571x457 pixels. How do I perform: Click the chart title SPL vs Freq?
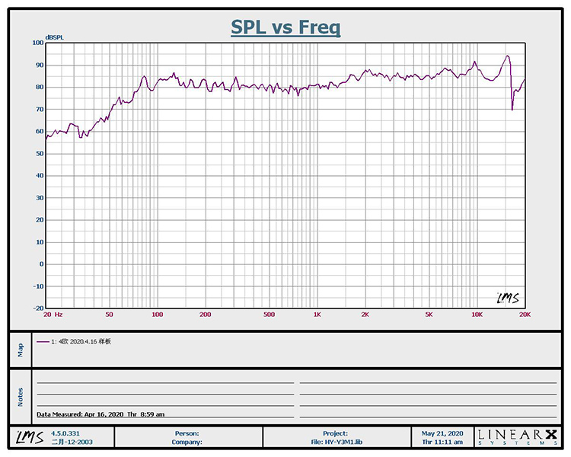[x=285, y=28]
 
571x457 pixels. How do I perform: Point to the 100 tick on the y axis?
[x=37, y=43]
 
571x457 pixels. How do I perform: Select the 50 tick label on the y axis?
[x=39, y=154]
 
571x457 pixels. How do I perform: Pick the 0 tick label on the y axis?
[x=40, y=264]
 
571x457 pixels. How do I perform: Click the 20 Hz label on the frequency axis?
[x=53, y=315]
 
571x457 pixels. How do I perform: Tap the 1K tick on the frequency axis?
[x=317, y=315]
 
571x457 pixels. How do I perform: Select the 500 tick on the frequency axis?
[x=269, y=315]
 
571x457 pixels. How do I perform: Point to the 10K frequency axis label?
[x=477, y=315]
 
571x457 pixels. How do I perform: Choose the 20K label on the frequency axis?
[x=524, y=315]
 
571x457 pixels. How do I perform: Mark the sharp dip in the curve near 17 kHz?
[x=512, y=110]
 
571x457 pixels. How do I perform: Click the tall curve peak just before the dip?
[x=507, y=56]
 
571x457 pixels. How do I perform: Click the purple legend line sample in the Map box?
[x=42, y=341]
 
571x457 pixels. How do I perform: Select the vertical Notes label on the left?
[x=20, y=397]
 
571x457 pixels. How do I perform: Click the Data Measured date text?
[x=100, y=414]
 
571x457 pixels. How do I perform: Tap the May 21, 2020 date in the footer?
[x=442, y=433]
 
